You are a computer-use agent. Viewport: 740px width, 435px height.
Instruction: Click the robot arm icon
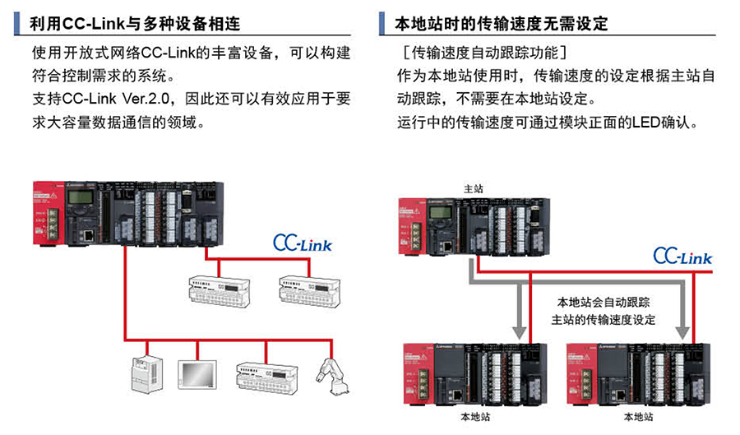[335, 377]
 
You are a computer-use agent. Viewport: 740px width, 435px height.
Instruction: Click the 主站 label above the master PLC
[474, 188]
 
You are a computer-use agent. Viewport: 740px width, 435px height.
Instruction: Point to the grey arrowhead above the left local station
[519, 330]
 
